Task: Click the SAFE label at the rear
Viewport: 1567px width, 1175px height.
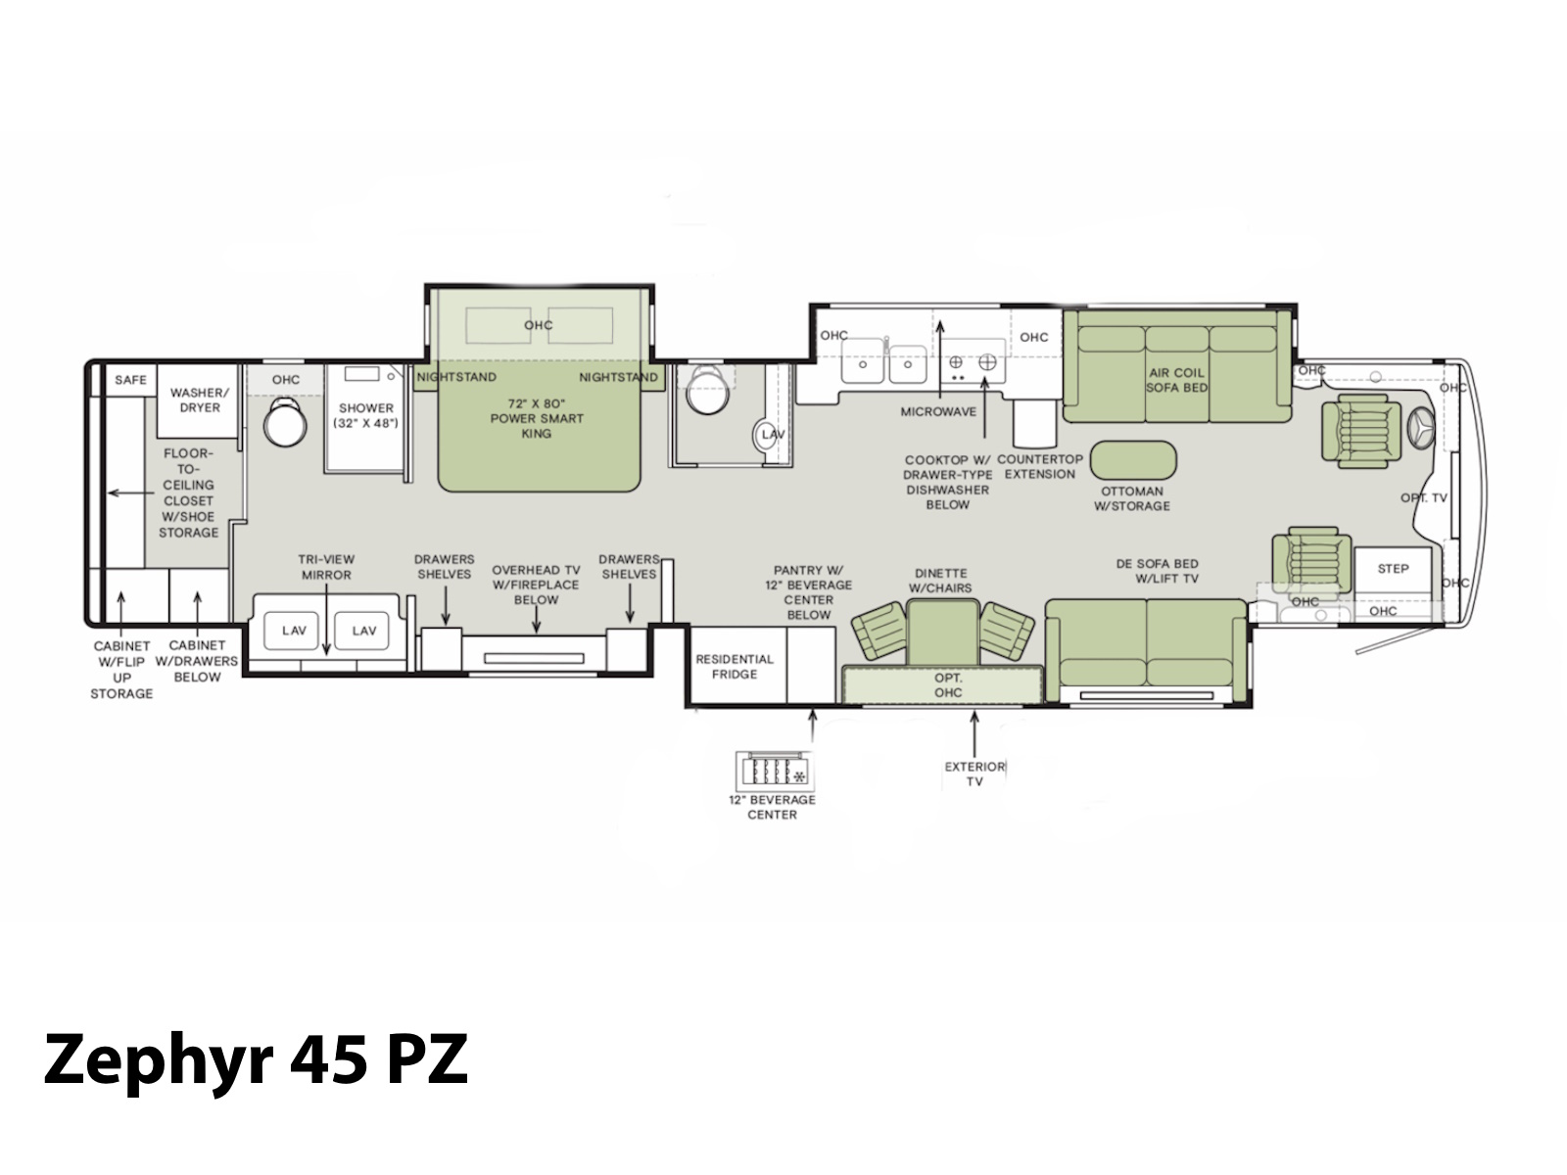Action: (x=130, y=380)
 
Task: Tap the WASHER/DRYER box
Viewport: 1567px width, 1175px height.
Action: (x=198, y=400)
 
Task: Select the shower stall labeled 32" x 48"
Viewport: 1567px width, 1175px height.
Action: (x=364, y=417)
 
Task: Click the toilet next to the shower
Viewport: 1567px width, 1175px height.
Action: (x=285, y=422)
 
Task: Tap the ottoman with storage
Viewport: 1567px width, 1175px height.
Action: (x=1133, y=460)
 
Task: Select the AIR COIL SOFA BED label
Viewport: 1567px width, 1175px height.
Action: (x=1176, y=380)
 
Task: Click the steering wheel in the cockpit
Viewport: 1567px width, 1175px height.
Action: (x=1421, y=429)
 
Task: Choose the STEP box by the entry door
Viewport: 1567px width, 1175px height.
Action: (x=1393, y=569)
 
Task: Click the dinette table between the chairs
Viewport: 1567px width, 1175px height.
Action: (x=942, y=633)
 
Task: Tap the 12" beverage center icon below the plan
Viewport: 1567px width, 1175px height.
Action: (x=775, y=771)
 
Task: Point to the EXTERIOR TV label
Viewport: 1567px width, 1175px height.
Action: (x=974, y=775)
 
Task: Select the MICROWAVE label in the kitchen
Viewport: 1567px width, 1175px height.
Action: (x=938, y=411)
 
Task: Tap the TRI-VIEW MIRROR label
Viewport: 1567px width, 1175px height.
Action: (x=326, y=567)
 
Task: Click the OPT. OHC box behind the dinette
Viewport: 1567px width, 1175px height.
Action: (x=942, y=684)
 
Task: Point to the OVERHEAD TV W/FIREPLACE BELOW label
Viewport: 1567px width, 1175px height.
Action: (x=536, y=585)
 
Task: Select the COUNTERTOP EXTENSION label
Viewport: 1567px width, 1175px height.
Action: (x=1039, y=467)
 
